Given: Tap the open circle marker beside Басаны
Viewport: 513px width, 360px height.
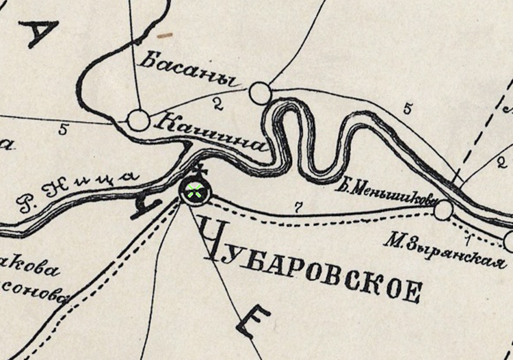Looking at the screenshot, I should (260, 93).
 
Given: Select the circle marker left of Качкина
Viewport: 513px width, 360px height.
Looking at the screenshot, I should (138, 120).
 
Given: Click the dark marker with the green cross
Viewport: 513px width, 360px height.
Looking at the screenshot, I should (195, 191).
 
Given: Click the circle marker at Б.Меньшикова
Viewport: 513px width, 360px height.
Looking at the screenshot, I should (444, 210).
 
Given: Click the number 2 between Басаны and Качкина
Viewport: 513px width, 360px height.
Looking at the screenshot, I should (218, 103).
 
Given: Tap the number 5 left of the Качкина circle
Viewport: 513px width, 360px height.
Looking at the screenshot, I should (64, 129).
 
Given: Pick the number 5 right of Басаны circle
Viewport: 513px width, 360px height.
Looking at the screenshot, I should (408, 108).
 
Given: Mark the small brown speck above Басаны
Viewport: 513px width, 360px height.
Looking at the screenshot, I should (164, 34).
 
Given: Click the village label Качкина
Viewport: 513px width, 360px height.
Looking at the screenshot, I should (210, 133).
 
